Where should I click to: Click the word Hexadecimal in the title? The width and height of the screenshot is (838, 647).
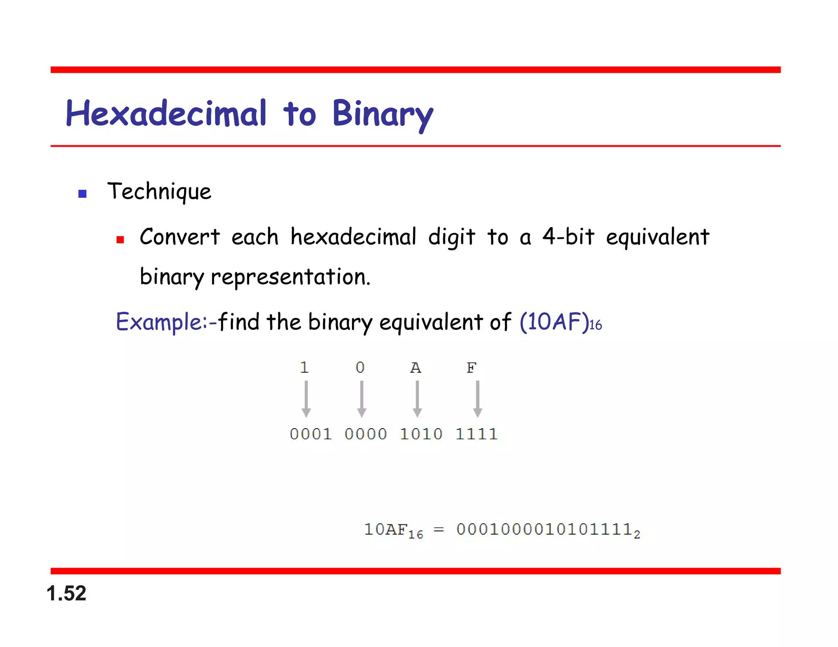(166, 113)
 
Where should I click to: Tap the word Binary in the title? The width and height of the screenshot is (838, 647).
(382, 114)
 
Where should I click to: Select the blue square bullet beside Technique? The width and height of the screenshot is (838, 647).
(82, 194)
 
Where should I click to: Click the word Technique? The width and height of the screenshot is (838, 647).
(159, 191)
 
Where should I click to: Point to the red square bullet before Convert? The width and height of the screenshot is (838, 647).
(120, 240)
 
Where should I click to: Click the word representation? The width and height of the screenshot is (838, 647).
(290, 277)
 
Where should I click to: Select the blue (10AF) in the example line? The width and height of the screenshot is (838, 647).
(554, 321)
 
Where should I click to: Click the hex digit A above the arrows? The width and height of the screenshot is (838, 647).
(416, 368)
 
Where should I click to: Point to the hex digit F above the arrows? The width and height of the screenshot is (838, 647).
(471, 368)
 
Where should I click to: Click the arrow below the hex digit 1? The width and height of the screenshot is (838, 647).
(306, 399)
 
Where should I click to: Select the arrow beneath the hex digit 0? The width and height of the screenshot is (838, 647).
(361, 399)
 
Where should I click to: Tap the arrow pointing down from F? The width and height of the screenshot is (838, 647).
(478, 399)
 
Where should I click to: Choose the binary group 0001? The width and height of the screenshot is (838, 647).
(311, 434)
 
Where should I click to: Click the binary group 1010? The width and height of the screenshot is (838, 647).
(421, 434)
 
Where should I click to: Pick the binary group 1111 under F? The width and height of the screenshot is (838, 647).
(477, 434)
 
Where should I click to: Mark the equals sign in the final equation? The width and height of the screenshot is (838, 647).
(439, 530)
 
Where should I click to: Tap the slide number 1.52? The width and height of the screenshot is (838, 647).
(66, 593)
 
